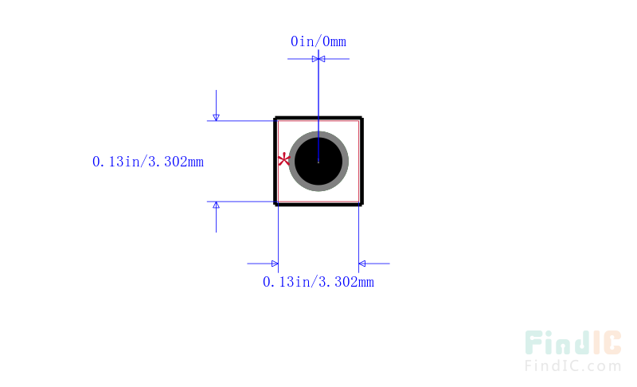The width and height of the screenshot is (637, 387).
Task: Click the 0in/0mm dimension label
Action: pyautogui.click(x=318, y=41)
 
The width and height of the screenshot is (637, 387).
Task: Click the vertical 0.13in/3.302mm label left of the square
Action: pyautogui.click(x=148, y=162)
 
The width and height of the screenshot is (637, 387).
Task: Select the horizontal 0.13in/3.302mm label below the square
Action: pyautogui.click(x=318, y=282)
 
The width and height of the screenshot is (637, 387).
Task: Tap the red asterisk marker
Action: pyautogui.click(x=284, y=159)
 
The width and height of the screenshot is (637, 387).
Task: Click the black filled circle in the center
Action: pyautogui.click(x=318, y=161)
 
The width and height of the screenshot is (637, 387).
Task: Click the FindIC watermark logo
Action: pyautogui.click(x=573, y=342)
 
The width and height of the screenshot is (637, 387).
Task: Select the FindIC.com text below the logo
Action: pyautogui.click(x=573, y=365)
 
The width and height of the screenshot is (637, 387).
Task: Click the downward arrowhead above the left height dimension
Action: pyautogui.click(x=216, y=118)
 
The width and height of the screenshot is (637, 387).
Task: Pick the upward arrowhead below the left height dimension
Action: pyautogui.click(x=216, y=205)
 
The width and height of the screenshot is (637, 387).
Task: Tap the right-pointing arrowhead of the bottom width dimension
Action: pyautogui.click(x=275, y=264)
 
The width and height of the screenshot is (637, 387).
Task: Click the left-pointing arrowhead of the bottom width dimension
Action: pyautogui.click(x=362, y=264)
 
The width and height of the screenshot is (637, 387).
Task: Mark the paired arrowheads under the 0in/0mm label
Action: pyautogui.click(x=318, y=59)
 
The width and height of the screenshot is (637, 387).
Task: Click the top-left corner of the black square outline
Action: pyautogui.click(x=275, y=117)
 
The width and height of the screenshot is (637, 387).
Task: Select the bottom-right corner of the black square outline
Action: pyautogui.click(x=362, y=205)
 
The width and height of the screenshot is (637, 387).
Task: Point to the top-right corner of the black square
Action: pyautogui.click(x=362, y=117)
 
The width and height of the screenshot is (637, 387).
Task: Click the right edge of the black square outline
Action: pyautogui.click(x=361, y=161)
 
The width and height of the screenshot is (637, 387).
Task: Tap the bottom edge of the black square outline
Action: pyautogui.click(x=318, y=205)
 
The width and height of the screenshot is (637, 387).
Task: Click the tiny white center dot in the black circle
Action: pyautogui.click(x=318, y=162)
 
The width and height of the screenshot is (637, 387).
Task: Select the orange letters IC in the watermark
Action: pyautogui.click(x=607, y=342)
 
